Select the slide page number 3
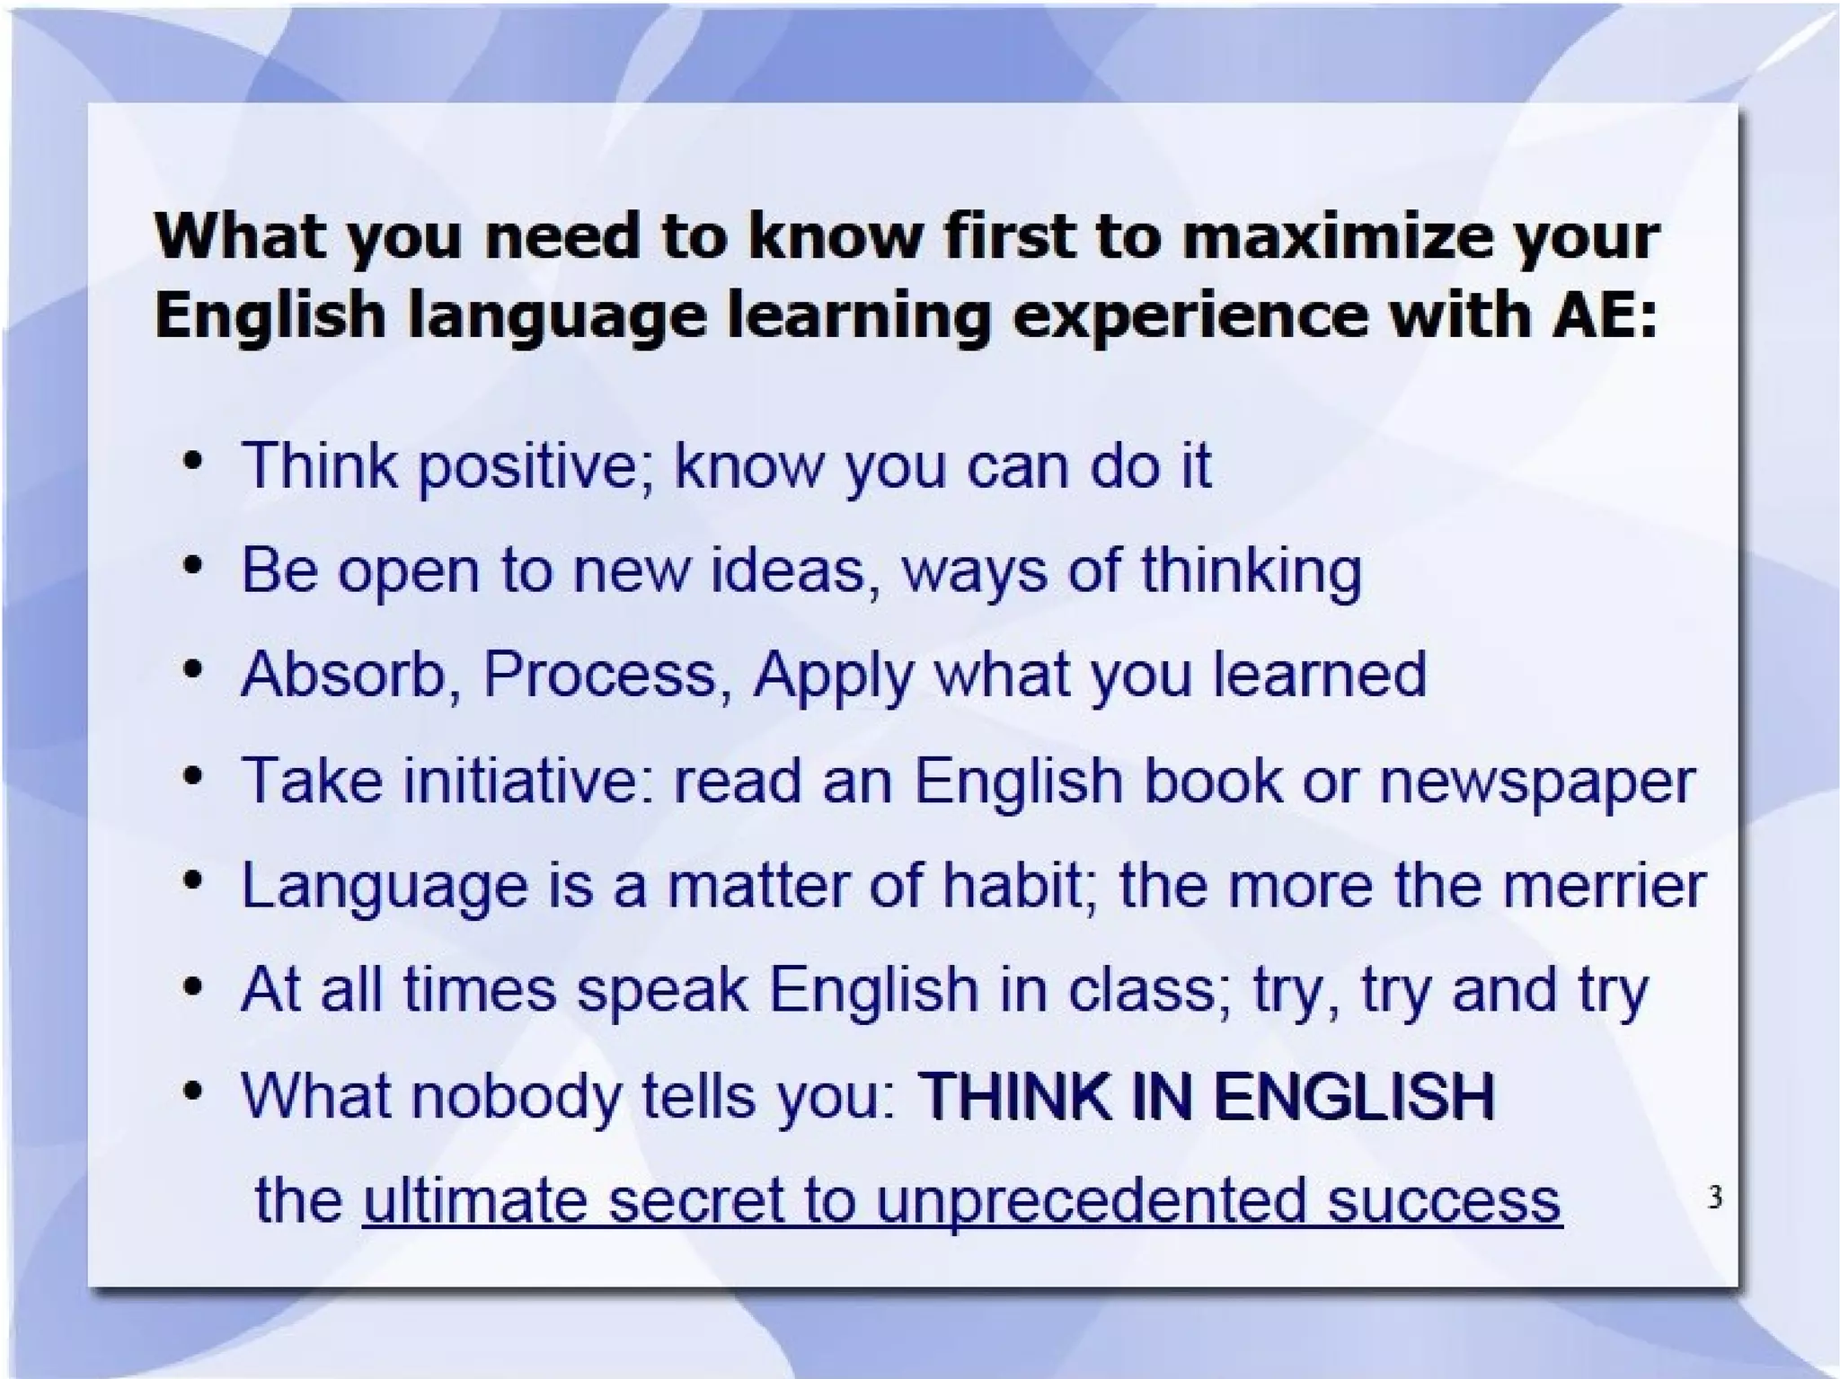click(x=1714, y=1197)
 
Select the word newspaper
click(x=1536, y=782)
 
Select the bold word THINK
click(x=1016, y=1095)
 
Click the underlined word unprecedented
click(x=1091, y=1200)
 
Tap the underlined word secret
click(x=694, y=1200)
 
